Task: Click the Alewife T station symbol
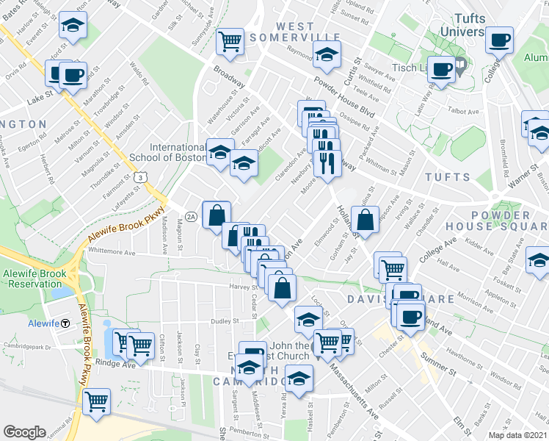[x=65, y=323]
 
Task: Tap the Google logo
[x=24, y=432]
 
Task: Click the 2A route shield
[x=190, y=216]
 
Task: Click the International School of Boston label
[x=178, y=152]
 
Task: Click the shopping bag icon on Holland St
[x=365, y=219]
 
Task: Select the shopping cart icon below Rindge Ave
[x=96, y=401]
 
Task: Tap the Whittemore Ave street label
[x=112, y=251]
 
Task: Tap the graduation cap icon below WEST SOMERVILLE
[x=327, y=54]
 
